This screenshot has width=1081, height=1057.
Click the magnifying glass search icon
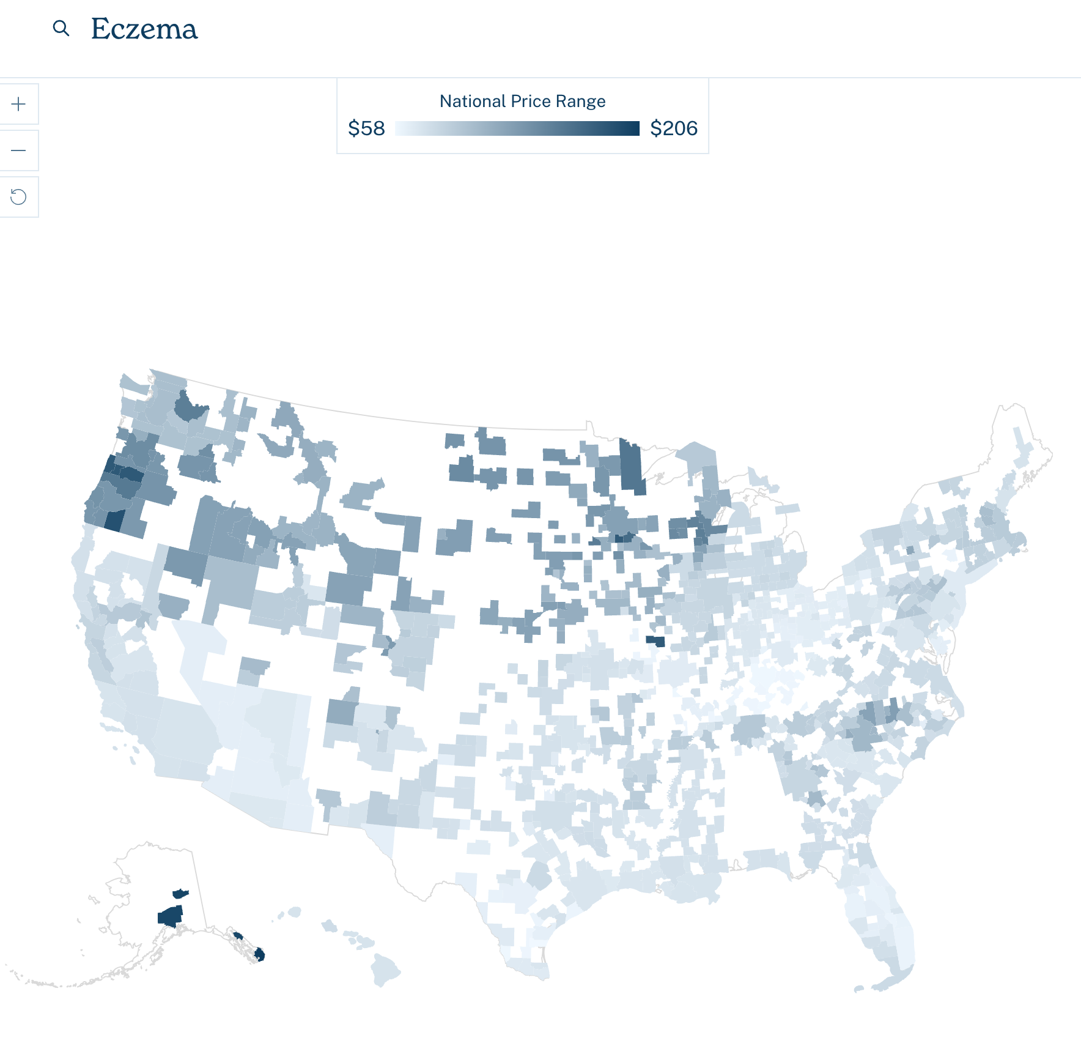(x=61, y=28)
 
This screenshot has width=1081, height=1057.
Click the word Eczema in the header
(x=144, y=29)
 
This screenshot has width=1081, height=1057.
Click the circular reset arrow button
(x=18, y=197)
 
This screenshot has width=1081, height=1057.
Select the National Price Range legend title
(x=522, y=101)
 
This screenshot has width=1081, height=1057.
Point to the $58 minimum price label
(x=366, y=128)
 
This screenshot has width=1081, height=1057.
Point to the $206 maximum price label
(x=674, y=128)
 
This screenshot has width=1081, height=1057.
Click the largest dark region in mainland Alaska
(x=171, y=916)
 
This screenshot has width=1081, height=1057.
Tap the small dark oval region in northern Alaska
(x=180, y=894)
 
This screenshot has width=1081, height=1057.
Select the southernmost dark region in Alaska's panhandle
(x=259, y=954)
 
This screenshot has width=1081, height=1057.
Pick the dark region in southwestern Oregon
(x=114, y=520)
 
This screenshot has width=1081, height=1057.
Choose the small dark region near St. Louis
(x=655, y=641)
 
